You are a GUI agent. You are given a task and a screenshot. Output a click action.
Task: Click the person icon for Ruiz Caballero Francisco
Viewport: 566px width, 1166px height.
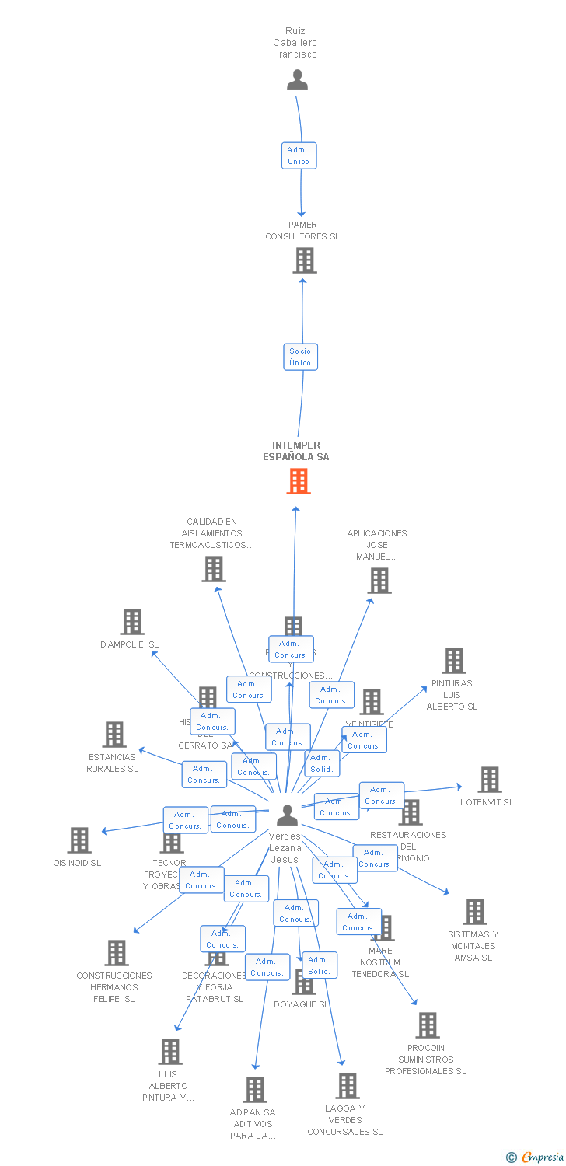point(297,80)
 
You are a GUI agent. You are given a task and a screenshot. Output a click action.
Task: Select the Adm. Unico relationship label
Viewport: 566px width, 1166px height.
point(299,155)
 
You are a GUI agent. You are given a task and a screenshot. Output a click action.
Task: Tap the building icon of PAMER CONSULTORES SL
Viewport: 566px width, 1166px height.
point(304,260)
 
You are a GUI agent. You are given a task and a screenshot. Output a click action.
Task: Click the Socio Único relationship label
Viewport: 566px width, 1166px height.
point(300,357)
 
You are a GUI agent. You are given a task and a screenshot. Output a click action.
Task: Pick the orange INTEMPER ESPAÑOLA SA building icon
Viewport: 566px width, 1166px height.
point(298,481)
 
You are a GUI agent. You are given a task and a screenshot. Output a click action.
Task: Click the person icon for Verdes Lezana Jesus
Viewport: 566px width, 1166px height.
point(287,815)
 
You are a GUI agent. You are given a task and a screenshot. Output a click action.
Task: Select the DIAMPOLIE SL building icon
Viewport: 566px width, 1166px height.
point(132,622)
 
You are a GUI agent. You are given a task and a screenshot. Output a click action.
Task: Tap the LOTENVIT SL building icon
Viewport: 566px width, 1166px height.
point(489,780)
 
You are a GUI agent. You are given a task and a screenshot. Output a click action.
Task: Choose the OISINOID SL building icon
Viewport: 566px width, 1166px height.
point(79,840)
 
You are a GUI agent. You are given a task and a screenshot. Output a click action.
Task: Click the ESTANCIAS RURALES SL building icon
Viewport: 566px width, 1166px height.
point(114,735)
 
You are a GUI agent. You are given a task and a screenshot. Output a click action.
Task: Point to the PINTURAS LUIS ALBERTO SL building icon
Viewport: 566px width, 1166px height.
point(453,661)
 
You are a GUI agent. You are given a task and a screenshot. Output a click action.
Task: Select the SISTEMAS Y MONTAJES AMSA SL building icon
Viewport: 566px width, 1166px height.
point(474,912)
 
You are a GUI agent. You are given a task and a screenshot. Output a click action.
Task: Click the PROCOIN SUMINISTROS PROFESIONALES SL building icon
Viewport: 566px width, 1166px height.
point(427,1025)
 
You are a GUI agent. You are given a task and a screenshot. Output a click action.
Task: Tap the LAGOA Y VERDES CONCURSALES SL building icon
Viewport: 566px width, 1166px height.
point(347,1086)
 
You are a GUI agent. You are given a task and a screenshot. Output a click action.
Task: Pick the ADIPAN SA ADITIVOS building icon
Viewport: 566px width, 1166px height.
point(255,1090)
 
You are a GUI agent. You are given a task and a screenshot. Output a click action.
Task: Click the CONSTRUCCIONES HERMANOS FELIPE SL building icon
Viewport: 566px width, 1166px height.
point(117,953)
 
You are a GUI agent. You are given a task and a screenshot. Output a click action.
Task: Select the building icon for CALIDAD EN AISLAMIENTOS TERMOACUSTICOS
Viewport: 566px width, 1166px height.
point(214,569)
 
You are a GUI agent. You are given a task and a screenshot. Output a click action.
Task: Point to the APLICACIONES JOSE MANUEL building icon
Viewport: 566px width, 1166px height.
point(379,581)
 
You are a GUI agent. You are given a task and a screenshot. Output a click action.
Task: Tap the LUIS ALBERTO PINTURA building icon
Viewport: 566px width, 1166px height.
point(170,1052)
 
